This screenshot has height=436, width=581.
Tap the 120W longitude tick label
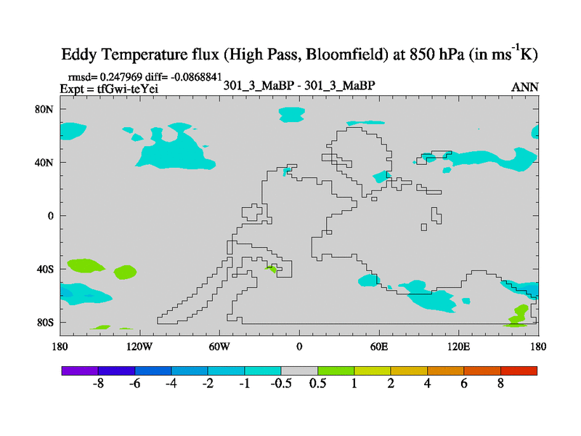139,347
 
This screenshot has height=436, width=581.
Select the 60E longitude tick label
379,347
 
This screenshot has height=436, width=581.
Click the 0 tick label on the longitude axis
299,347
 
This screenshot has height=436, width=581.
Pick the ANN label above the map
525,86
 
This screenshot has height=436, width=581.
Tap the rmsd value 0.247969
125,76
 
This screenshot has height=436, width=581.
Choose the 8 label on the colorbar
500,384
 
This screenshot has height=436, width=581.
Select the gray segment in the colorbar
299,371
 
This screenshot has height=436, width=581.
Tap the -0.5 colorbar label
278,384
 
